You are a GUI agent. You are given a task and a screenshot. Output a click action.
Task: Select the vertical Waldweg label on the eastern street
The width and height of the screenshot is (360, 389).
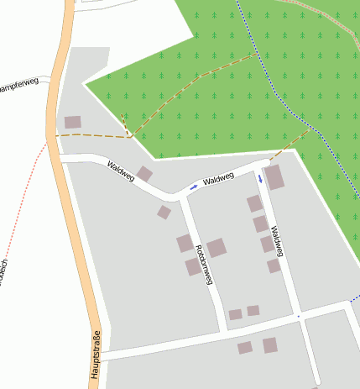click(x=278, y=241)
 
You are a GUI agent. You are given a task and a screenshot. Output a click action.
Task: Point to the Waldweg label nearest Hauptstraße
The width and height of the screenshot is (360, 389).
click(x=121, y=171)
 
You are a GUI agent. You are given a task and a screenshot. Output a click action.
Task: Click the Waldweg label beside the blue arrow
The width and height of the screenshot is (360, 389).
click(x=217, y=179)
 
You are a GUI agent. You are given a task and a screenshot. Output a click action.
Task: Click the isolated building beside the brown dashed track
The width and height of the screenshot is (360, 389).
click(x=73, y=123)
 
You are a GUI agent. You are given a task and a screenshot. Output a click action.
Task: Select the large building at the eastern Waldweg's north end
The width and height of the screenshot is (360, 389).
click(x=274, y=176)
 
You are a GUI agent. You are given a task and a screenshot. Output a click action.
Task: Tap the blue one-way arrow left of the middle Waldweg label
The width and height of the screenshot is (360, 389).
click(x=194, y=186)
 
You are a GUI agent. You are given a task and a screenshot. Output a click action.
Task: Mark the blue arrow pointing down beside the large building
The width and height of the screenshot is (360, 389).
click(x=260, y=178)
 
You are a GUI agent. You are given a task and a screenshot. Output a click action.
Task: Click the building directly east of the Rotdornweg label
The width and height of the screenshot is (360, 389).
click(x=217, y=248)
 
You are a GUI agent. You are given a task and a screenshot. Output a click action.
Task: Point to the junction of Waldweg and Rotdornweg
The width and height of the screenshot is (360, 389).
click(x=180, y=198)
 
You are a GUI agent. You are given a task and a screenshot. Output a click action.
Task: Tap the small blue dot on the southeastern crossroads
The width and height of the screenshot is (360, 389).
click(x=298, y=316)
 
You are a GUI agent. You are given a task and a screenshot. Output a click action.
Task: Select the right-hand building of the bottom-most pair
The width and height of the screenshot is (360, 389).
click(x=269, y=345)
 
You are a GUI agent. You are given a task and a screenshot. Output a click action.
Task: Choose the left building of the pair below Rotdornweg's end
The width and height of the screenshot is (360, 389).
click(x=235, y=314)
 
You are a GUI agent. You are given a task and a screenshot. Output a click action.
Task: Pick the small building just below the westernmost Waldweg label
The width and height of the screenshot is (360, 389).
click(x=144, y=174)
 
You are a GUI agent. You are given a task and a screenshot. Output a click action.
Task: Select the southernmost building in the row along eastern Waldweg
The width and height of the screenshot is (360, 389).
click(x=274, y=265)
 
